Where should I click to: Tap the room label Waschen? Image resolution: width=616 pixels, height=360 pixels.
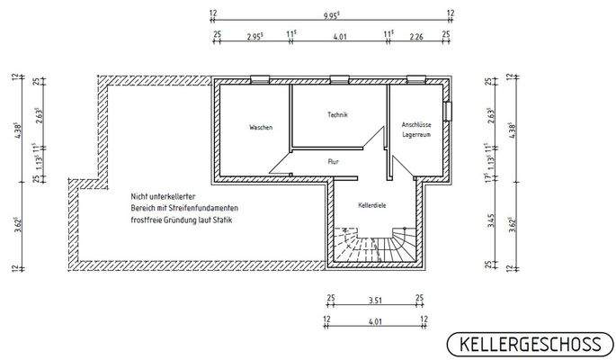[x=261, y=128]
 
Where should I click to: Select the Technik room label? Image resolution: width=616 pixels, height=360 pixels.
[x=337, y=114]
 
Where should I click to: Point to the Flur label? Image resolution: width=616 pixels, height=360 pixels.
[x=333, y=160]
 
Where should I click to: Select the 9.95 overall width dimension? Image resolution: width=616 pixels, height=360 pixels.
[x=332, y=13]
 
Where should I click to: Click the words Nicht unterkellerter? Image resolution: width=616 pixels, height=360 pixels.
[x=162, y=196]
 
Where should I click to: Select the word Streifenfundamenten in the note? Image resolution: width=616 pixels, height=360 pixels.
[x=200, y=208]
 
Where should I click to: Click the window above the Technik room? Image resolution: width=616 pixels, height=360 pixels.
[x=339, y=79]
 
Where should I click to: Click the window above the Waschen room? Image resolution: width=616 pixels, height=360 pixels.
[x=260, y=79]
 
